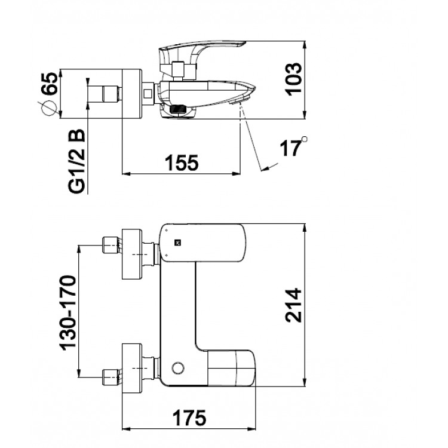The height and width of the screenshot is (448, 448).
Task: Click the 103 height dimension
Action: point(293,79)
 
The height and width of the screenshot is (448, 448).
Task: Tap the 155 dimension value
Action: point(182,163)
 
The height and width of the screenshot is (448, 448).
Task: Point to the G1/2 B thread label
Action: point(77,161)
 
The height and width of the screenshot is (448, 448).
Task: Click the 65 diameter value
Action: point(49,83)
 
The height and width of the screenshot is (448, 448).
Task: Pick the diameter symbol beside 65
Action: point(49,109)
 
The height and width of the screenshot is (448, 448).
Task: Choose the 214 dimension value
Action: point(293,305)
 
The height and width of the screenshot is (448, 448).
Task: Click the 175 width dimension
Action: point(189,418)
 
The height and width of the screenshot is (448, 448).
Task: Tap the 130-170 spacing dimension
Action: point(68,313)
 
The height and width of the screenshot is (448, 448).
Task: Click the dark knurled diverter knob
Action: point(178,109)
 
